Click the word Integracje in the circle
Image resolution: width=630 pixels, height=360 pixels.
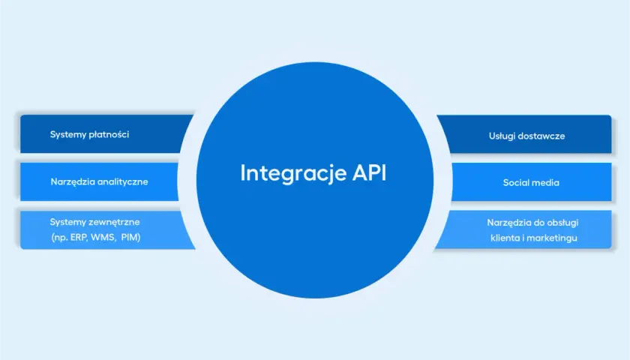(293, 173)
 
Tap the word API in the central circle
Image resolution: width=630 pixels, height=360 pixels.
(370, 172)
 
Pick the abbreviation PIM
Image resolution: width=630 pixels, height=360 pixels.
(130, 238)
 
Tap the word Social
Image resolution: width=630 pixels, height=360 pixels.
(515, 183)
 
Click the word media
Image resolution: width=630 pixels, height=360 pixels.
(545, 183)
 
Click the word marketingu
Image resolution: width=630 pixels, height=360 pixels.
(552, 238)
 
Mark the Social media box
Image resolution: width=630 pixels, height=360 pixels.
(531, 182)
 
